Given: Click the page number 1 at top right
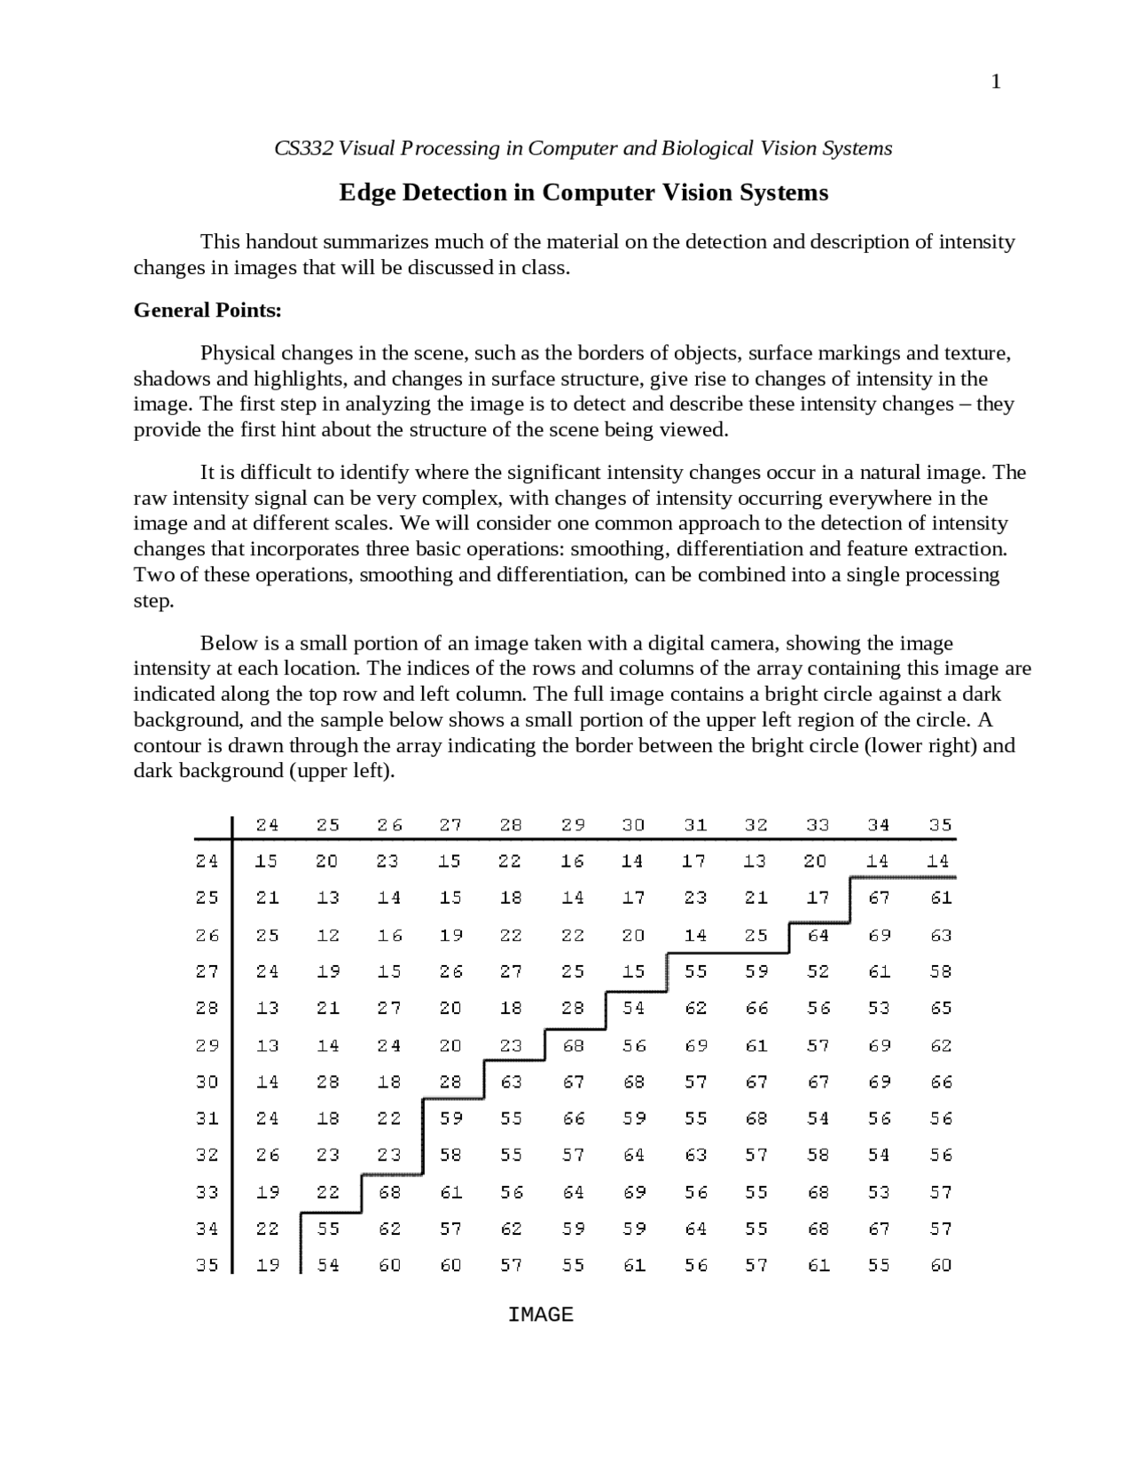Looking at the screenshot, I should (x=996, y=82).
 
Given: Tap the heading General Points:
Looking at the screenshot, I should (x=207, y=310).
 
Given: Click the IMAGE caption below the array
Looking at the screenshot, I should (x=540, y=1315).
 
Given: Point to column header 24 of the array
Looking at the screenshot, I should (x=267, y=824).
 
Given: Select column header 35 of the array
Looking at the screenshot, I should (x=940, y=824).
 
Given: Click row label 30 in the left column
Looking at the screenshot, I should (x=207, y=1081).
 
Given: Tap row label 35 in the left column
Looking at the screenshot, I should (x=207, y=1265).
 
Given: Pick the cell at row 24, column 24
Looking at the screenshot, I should (x=267, y=860).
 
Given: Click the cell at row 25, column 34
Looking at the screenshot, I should (x=879, y=898).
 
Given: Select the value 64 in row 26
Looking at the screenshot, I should (x=818, y=935).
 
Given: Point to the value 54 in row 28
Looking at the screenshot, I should (x=633, y=1008).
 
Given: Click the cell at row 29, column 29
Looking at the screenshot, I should (x=573, y=1045).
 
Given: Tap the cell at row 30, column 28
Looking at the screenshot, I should (x=512, y=1081).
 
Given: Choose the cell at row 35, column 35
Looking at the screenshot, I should (x=940, y=1265).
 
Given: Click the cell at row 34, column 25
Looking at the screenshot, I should (x=328, y=1229).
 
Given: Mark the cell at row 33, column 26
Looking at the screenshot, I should (x=389, y=1191).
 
